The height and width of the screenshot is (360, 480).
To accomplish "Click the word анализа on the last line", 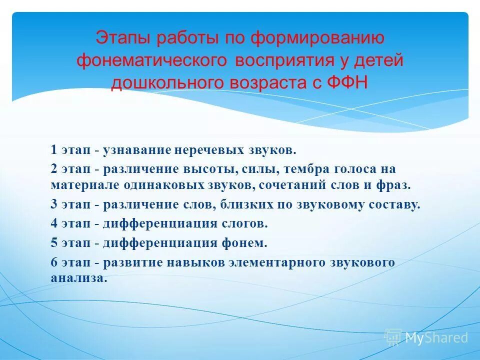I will (78, 278).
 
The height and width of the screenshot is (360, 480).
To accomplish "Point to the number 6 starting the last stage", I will (53, 262).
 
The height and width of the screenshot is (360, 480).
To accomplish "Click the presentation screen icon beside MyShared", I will (393, 337).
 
